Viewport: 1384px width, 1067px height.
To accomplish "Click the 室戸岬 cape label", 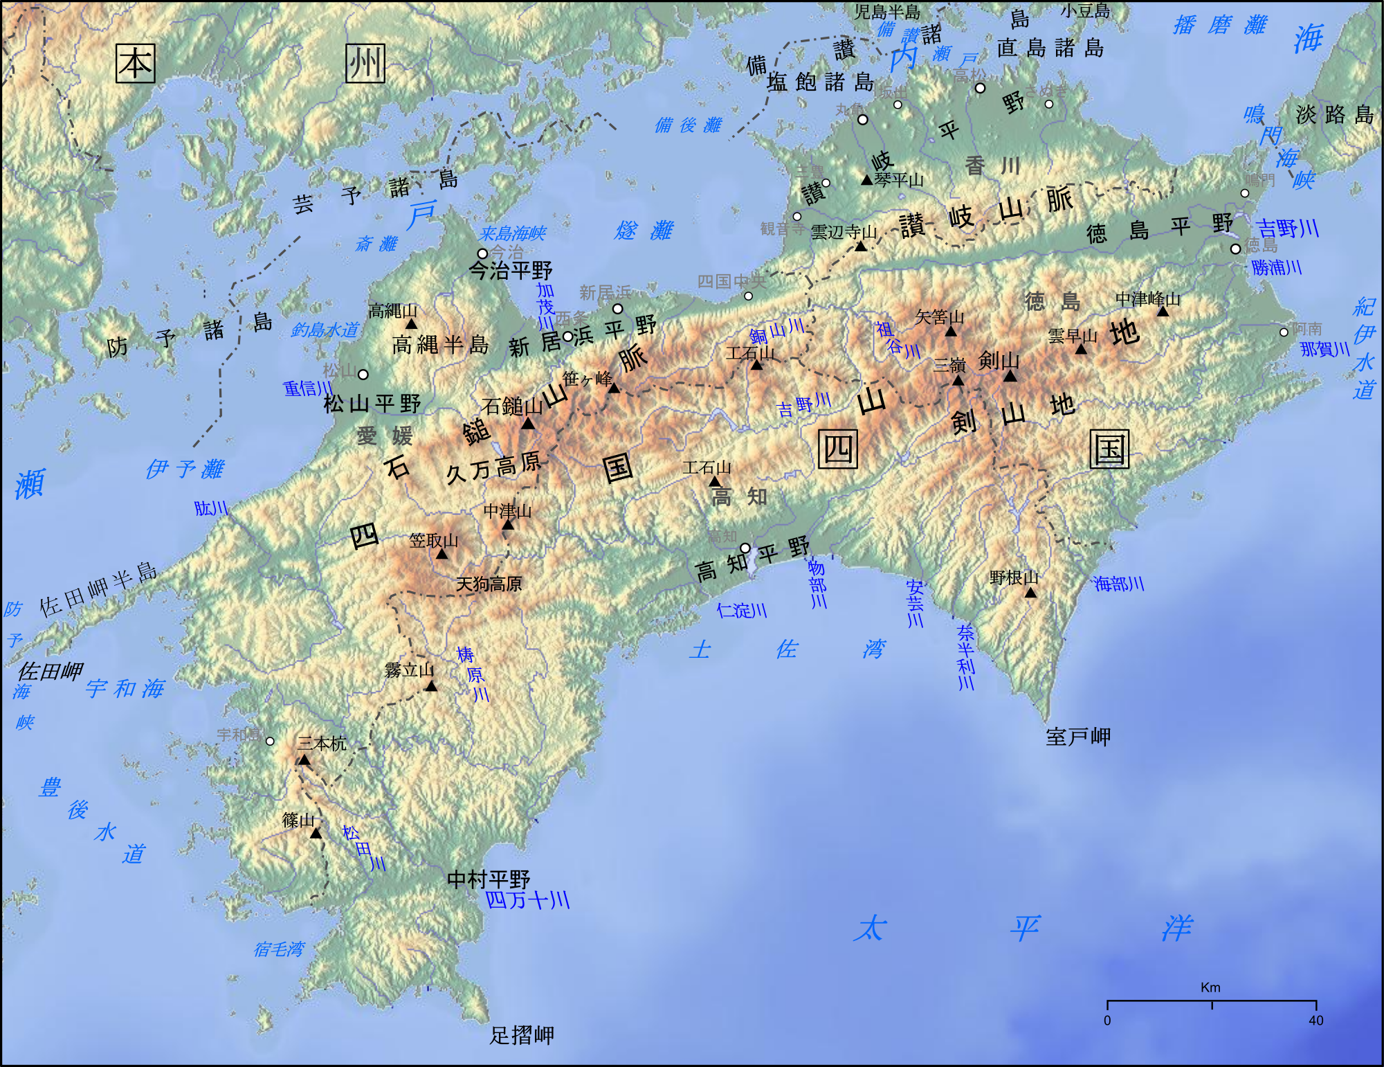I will pos(1077,737).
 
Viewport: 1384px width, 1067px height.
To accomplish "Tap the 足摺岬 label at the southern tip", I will pos(522,1035).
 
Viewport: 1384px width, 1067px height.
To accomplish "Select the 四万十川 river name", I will pos(527,900).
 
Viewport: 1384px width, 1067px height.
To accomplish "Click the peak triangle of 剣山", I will pos(1010,376).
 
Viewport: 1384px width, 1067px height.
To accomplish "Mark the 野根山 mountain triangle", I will pos(1030,593).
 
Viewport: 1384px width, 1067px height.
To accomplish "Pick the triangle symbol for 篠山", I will pos(316,833).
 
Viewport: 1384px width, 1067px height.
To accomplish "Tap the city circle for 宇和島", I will pos(270,741).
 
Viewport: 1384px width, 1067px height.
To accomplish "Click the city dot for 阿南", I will pos(1284,332).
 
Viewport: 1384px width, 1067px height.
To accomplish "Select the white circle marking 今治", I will pos(482,253).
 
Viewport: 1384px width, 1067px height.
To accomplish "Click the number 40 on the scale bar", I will pos(1315,1021).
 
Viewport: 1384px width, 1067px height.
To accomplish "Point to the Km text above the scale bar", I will pos(1210,987).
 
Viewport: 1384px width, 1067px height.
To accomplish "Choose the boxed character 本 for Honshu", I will pos(135,64).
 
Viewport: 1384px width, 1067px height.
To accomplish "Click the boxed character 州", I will pos(365,64).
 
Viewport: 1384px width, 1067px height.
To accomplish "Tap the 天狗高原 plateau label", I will pos(489,584).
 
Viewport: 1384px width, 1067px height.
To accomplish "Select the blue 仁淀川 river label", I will pos(742,610).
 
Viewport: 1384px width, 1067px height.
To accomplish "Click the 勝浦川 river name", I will pos(1277,267).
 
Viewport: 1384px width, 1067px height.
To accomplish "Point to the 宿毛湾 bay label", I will pos(279,949).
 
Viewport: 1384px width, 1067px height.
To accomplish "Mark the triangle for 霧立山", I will pos(431,686).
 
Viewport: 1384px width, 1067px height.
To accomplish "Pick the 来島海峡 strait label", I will pos(512,233).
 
